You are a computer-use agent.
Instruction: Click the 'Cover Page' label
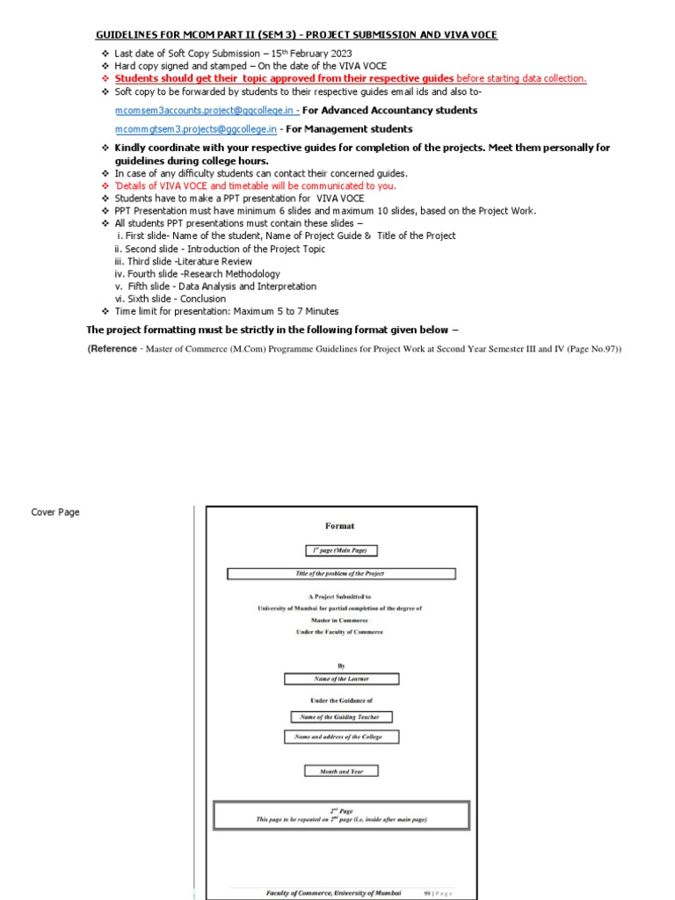click(x=55, y=512)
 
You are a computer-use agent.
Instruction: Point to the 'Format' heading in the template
click(x=340, y=526)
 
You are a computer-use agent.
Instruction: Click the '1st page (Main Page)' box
click(x=341, y=550)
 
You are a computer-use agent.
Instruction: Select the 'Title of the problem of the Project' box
click(x=341, y=574)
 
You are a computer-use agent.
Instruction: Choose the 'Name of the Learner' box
click(x=341, y=679)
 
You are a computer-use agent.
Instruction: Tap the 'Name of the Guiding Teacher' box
click(x=338, y=717)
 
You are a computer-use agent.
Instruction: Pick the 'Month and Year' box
click(x=341, y=771)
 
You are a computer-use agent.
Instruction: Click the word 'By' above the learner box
click(x=341, y=666)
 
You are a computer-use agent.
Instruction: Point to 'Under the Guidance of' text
click(x=341, y=700)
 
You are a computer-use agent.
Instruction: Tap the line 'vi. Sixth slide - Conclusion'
click(x=165, y=299)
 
